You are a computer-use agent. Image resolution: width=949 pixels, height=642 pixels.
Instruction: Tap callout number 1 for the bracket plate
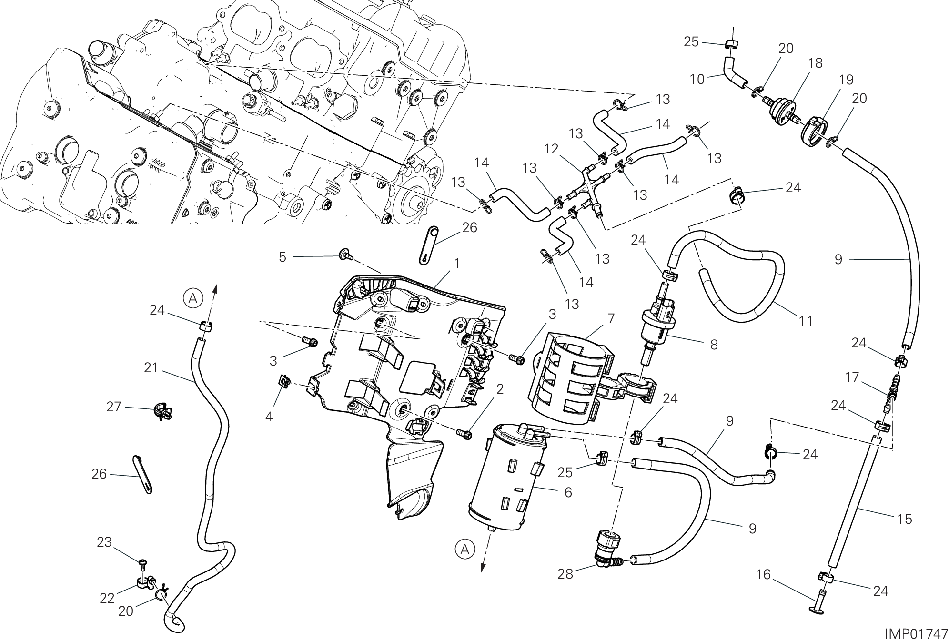click(457, 263)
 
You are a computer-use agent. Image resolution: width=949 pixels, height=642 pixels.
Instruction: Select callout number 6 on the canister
click(568, 492)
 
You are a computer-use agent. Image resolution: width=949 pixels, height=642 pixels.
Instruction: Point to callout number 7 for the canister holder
click(611, 318)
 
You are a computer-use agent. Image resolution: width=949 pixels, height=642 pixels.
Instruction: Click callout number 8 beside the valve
click(714, 344)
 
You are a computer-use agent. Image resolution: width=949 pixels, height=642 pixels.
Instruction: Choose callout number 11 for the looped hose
click(805, 321)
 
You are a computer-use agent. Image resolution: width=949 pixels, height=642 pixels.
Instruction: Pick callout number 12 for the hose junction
click(552, 149)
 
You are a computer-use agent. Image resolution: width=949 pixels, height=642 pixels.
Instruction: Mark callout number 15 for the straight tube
click(904, 519)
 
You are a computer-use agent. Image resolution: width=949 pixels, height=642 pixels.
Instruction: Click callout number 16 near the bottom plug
click(763, 575)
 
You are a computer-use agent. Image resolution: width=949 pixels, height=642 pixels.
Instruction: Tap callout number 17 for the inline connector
click(852, 377)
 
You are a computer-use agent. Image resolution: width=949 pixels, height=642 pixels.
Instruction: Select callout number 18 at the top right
click(816, 63)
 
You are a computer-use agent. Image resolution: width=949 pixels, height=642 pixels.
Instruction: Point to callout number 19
click(846, 79)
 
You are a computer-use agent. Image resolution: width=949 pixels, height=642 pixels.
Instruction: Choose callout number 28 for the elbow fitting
click(565, 574)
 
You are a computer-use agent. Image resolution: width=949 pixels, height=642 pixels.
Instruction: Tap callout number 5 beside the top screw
click(283, 257)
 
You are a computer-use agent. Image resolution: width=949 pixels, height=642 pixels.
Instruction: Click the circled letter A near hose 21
click(192, 298)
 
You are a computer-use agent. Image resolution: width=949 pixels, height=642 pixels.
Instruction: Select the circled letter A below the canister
click(465, 549)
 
